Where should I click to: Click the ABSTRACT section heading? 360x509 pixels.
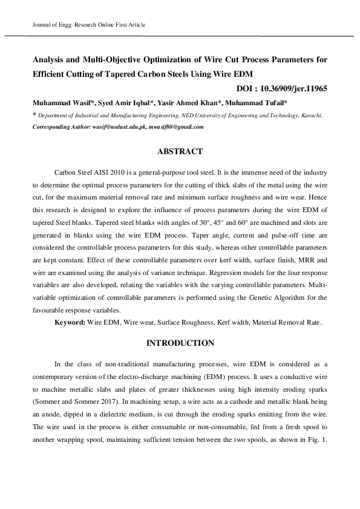180,151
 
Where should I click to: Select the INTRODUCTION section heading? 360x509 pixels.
180,343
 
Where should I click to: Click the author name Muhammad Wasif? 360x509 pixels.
57,102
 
